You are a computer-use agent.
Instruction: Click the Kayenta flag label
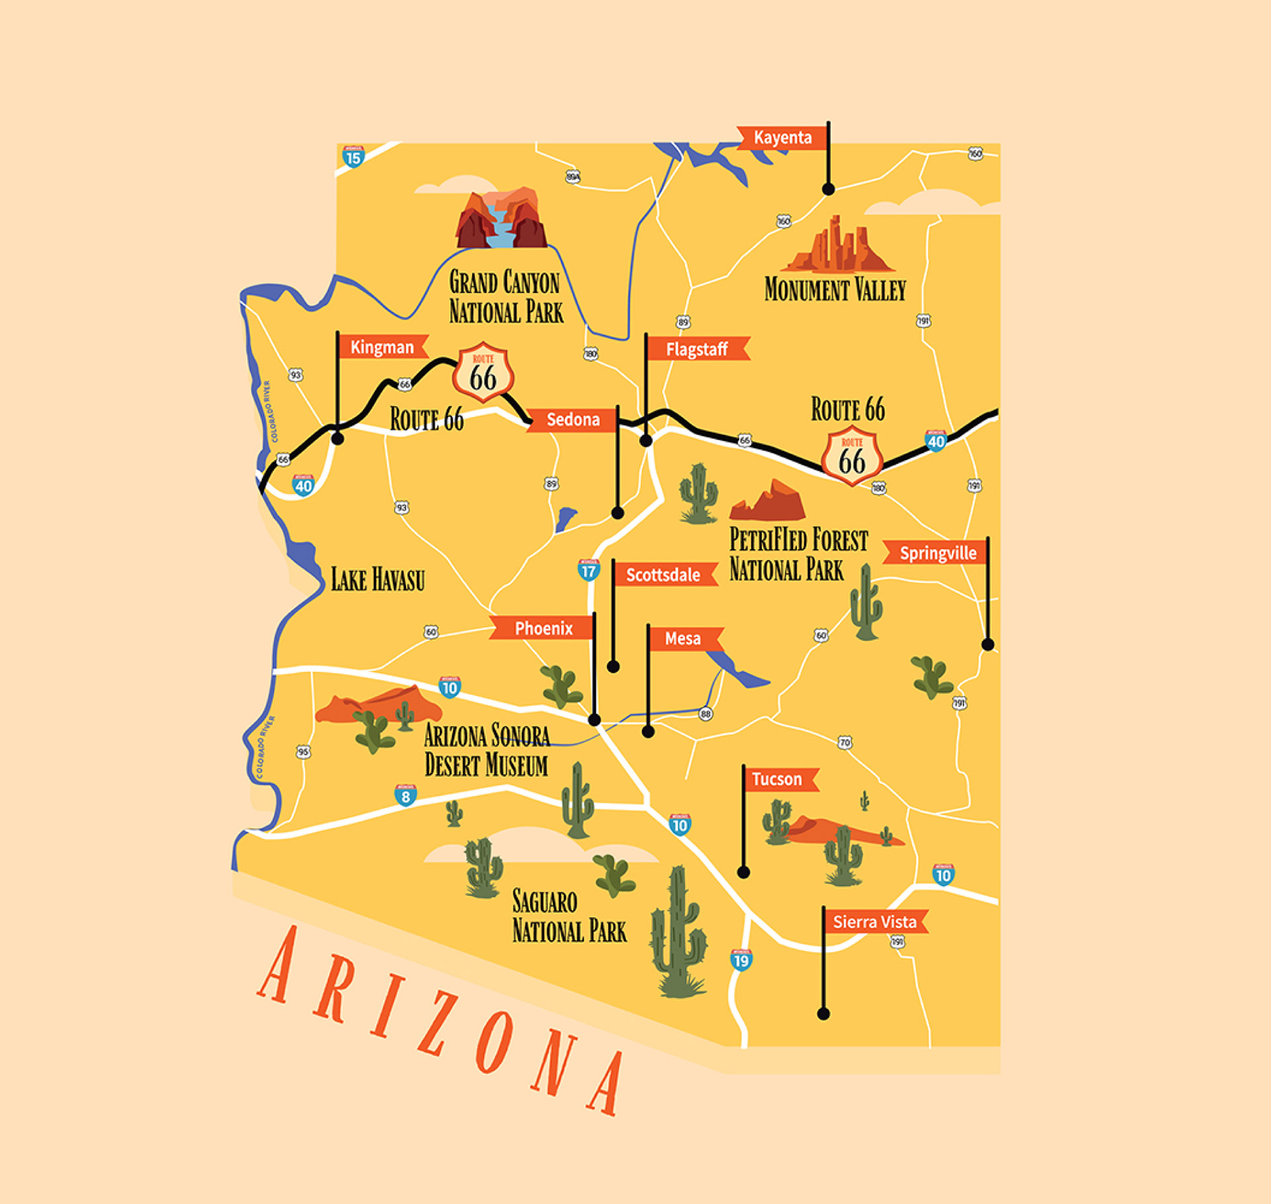point(782,138)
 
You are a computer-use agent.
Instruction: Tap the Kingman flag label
point(382,347)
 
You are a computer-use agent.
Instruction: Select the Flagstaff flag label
point(696,349)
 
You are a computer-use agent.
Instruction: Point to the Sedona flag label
point(573,420)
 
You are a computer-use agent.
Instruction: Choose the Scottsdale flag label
point(663,575)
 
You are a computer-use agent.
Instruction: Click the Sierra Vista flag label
point(874,922)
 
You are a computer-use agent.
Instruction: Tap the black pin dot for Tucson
point(743,873)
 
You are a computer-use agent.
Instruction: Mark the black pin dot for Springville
point(988,644)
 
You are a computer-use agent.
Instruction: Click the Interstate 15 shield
point(353,157)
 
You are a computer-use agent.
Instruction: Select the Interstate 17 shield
point(588,570)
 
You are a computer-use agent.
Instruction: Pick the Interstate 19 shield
point(741,960)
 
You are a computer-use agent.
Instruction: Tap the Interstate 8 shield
point(406,795)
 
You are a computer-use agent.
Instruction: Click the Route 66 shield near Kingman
point(483,374)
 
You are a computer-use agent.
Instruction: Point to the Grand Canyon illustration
point(502,219)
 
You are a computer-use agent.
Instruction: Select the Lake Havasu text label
point(377,579)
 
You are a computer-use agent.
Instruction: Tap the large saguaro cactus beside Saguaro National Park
point(678,934)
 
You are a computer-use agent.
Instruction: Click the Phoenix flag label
point(543,628)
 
